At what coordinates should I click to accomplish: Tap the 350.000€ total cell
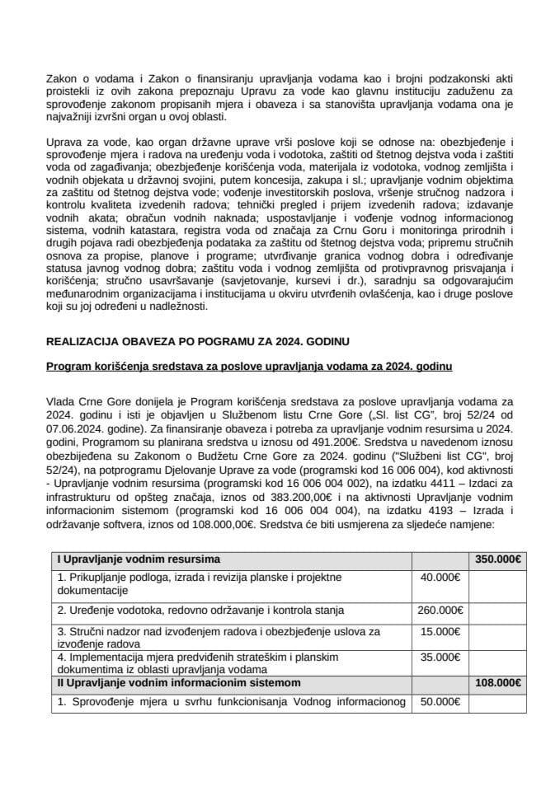click(x=497, y=559)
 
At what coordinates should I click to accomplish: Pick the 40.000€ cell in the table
click(x=440, y=577)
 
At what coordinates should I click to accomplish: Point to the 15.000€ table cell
click(x=440, y=630)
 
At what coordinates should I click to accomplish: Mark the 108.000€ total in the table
click(x=497, y=682)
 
